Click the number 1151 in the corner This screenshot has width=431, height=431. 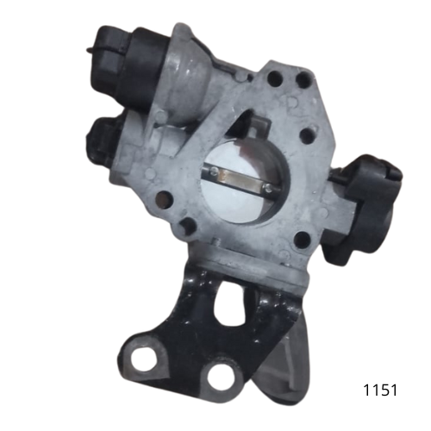click(x=379, y=390)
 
